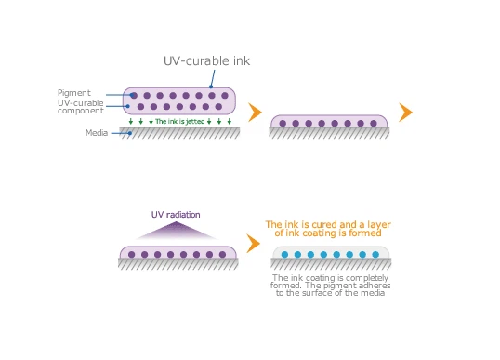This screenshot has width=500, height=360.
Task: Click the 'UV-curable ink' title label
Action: click(x=206, y=61)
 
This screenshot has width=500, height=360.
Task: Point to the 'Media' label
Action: click(x=97, y=133)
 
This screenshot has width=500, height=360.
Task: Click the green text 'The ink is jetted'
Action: click(x=179, y=121)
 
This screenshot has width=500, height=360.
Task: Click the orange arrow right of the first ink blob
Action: click(x=254, y=112)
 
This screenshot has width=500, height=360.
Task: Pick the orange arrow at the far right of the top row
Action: click(x=405, y=112)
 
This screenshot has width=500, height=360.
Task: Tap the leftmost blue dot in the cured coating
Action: click(x=283, y=254)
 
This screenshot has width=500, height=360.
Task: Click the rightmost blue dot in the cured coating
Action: click(x=375, y=254)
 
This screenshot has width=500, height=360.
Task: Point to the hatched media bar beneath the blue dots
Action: click(x=330, y=265)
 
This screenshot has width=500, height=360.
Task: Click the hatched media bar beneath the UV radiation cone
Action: click(x=177, y=264)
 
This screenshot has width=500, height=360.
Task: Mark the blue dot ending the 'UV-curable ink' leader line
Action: click(x=213, y=87)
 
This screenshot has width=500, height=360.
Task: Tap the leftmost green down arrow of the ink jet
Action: click(x=130, y=121)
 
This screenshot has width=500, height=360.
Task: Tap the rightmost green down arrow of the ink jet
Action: click(x=229, y=121)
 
